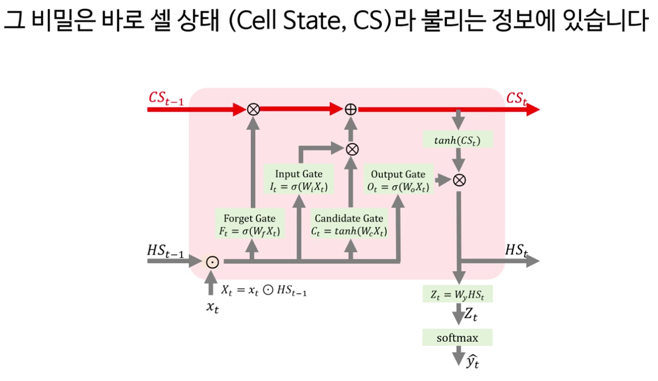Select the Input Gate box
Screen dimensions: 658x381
click(x=299, y=180)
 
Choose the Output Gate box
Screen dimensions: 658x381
click(x=398, y=180)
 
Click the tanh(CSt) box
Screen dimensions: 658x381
click(x=458, y=140)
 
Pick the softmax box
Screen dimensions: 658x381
click(x=457, y=337)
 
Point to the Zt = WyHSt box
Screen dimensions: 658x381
click(x=457, y=295)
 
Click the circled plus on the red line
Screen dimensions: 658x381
click(x=350, y=109)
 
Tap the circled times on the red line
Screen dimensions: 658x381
click(x=251, y=109)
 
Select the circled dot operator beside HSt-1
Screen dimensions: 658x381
click(x=212, y=262)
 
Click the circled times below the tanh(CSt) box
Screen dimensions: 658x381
click(x=458, y=180)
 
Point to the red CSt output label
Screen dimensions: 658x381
click(x=517, y=98)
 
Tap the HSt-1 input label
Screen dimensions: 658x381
click(x=166, y=252)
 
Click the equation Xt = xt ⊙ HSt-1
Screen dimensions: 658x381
click(x=264, y=291)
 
